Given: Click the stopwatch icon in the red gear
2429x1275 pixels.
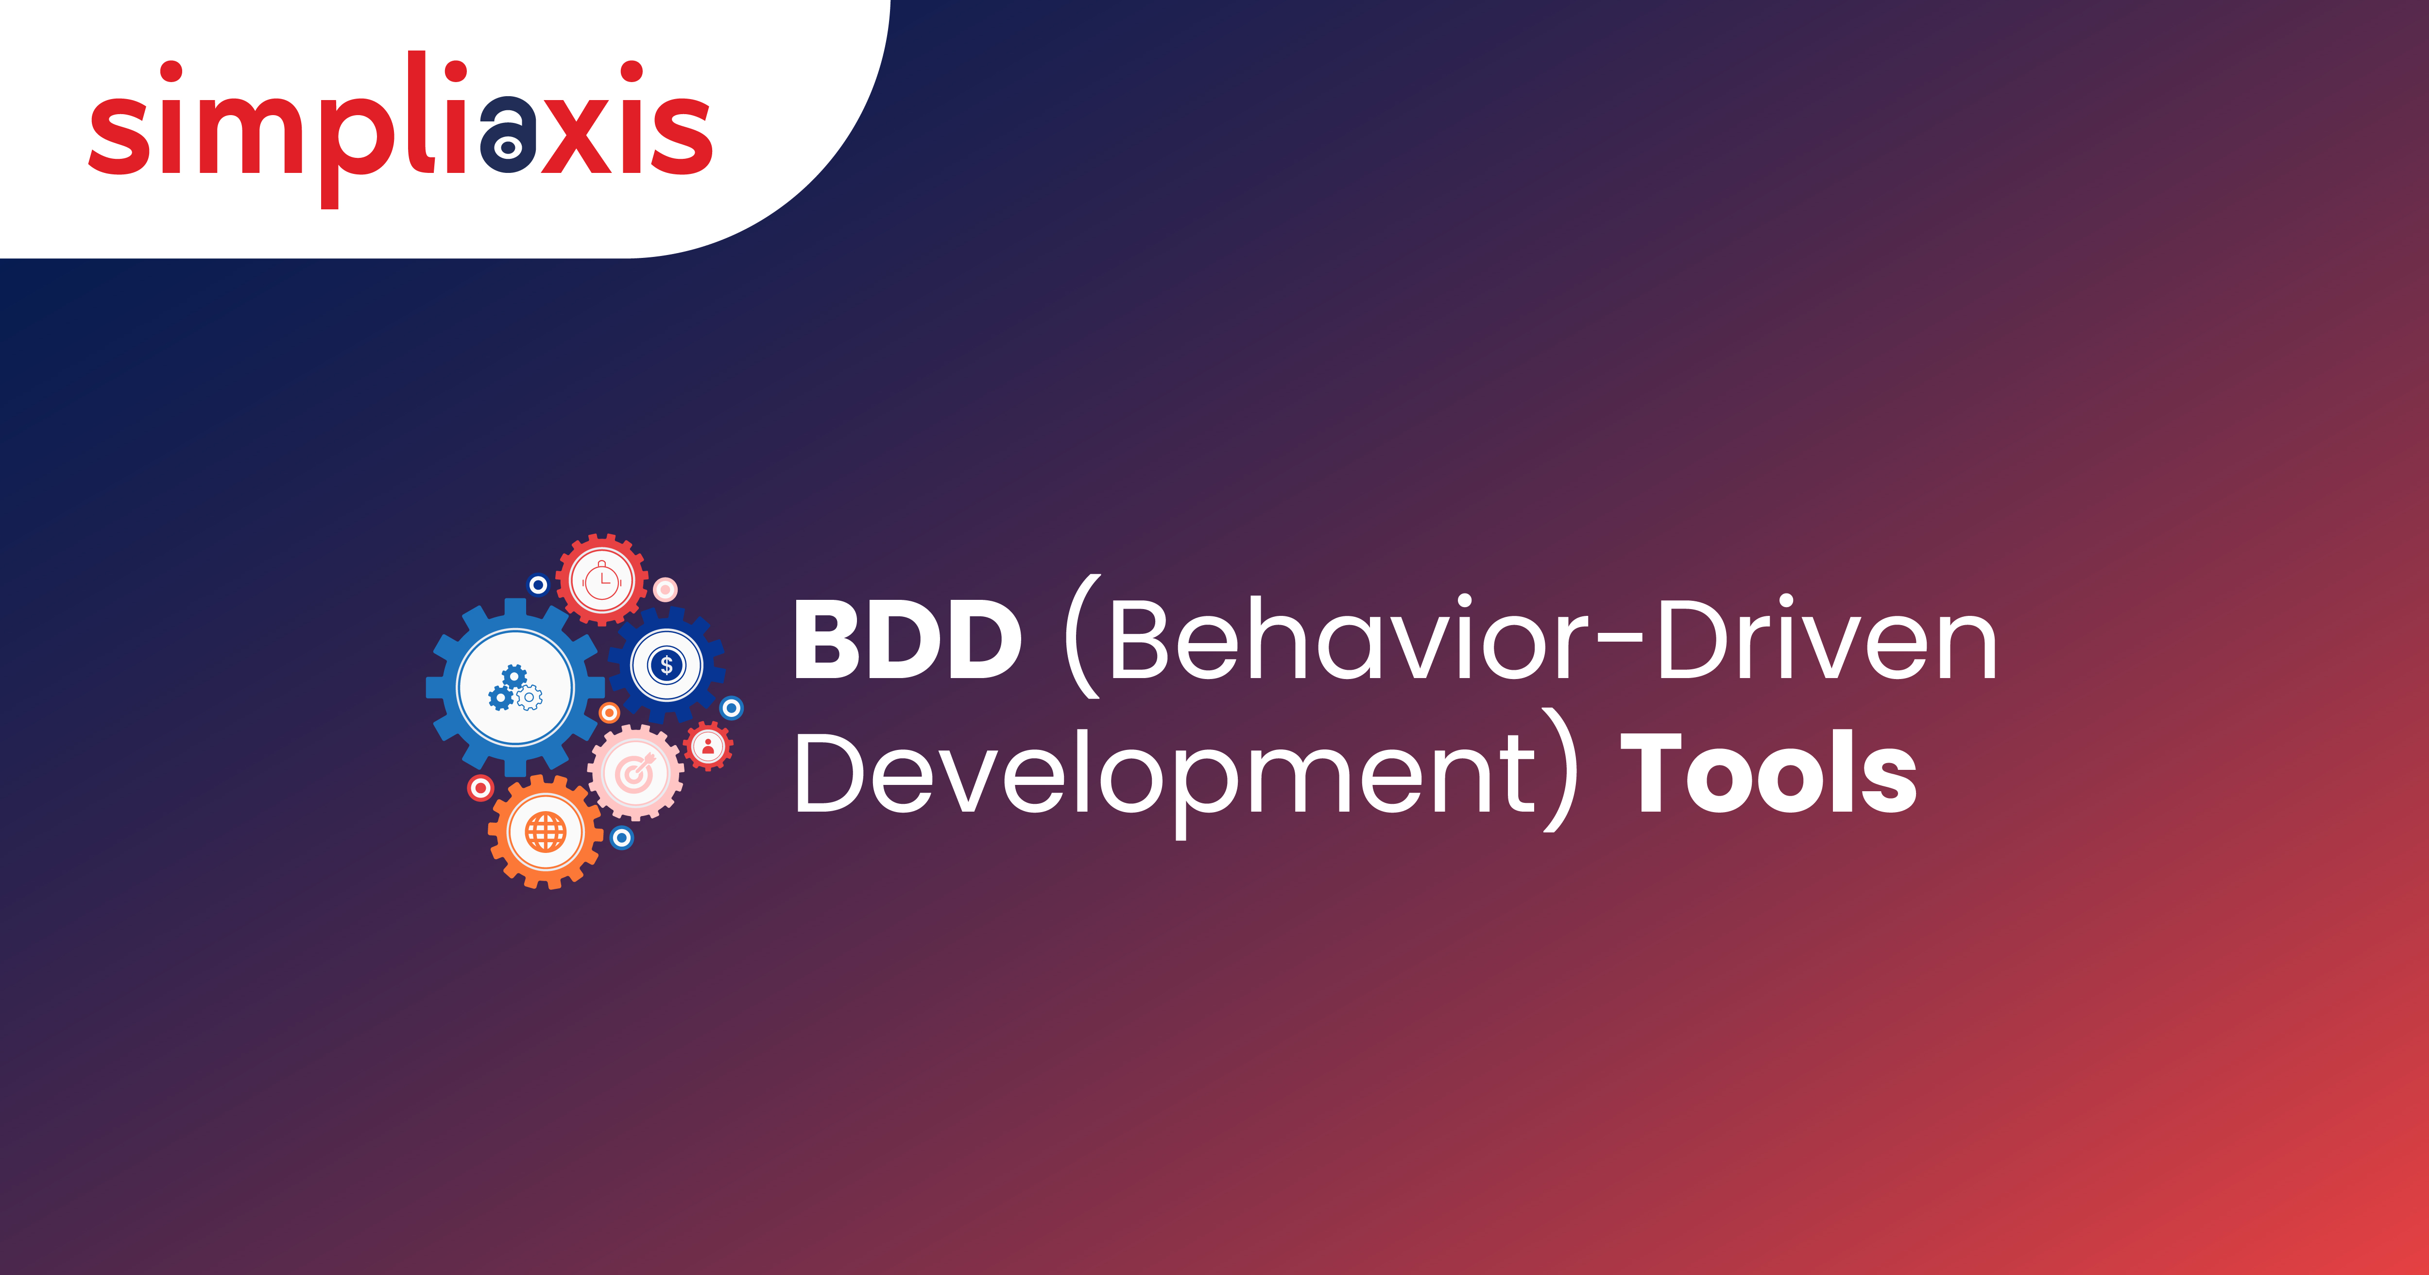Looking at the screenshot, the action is [601, 580].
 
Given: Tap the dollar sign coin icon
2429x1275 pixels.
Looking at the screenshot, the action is [667, 665].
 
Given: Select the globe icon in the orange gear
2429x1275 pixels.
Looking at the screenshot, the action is [545, 832].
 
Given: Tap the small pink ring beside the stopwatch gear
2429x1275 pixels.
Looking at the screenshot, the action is [666, 589].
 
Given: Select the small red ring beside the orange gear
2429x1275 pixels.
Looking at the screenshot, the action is [481, 787].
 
